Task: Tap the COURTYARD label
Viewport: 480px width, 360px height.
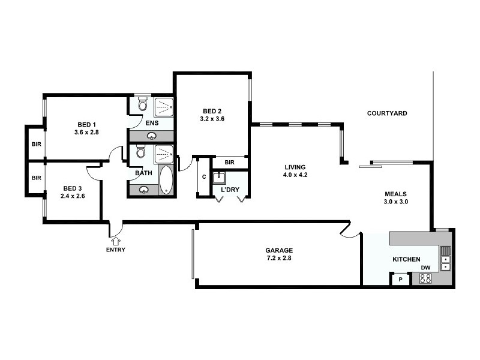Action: coord(387,113)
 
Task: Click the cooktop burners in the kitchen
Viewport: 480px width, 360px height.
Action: coord(425,278)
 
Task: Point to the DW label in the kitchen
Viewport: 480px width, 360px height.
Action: coord(425,268)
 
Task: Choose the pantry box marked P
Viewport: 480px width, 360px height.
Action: coord(401,279)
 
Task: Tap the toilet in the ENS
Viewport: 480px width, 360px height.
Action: coord(142,106)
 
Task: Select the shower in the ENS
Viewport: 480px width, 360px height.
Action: coord(164,107)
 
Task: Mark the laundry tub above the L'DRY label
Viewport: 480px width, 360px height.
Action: coord(220,178)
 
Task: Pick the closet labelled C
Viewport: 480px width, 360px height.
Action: coord(204,176)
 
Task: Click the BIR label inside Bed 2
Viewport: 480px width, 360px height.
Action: coord(229,163)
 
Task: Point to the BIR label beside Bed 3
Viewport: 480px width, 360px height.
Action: coord(36,178)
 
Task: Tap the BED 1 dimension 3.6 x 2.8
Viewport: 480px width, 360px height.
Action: coord(86,132)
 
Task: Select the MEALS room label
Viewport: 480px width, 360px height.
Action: coord(396,194)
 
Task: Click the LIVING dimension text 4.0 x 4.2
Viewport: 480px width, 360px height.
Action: coord(295,175)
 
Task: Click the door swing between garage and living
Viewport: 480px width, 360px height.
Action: coord(348,230)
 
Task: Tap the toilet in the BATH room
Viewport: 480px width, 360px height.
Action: coord(140,152)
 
